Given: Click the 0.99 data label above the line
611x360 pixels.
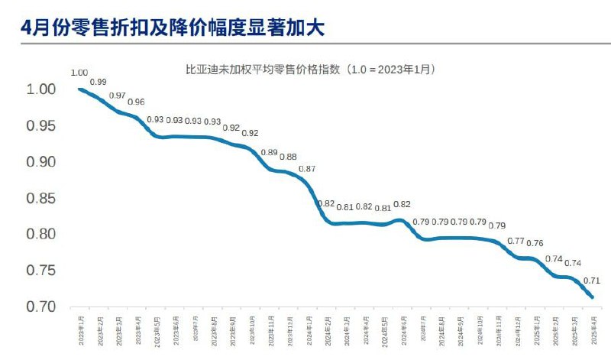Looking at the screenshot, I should tap(98, 82).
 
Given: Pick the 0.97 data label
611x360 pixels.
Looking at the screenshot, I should tap(118, 96).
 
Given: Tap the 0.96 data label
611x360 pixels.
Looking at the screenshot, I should tap(136, 102).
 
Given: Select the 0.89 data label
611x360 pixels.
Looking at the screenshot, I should tap(269, 153).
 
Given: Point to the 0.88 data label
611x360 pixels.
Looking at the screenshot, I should tap(288, 157).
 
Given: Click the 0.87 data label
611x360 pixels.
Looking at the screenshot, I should tap(307, 169).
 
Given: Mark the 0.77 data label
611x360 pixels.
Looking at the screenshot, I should tap(516, 242).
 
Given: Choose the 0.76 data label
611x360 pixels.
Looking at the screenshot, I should tap(535, 244).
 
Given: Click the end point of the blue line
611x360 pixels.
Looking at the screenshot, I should tap(593, 297).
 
